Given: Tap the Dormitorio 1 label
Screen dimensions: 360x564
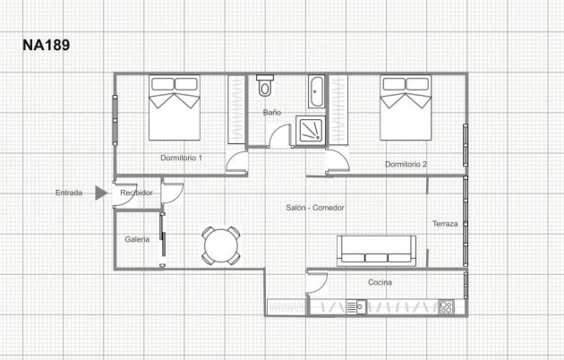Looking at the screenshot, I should [x=181, y=158].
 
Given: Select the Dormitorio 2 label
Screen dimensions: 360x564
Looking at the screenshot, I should [x=406, y=164].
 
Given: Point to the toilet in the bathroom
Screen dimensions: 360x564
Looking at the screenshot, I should [x=264, y=87].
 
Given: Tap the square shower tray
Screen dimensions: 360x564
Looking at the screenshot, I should [x=313, y=129].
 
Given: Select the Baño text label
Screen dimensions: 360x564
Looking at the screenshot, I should [x=272, y=113].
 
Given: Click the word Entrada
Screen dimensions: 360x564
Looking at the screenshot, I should [x=69, y=193].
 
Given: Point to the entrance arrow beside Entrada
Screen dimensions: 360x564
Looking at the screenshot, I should [x=101, y=193].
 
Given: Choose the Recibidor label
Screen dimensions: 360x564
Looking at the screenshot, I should [x=136, y=193].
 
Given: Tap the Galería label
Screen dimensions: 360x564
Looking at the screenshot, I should [x=137, y=239].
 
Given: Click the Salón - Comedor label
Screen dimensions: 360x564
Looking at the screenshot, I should [x=315, y=207].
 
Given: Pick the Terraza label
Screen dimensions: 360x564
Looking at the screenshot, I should [x=445, y=224].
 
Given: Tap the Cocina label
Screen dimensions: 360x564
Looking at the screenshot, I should [x=380, y=282].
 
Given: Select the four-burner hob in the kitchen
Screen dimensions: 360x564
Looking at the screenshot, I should [x=445, y=306].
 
